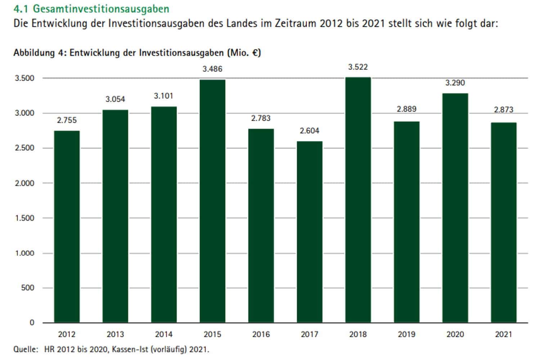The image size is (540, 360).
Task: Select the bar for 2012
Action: pos(67,227)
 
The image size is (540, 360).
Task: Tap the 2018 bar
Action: pos(358,200)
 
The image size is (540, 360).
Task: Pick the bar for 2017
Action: pos(310,232)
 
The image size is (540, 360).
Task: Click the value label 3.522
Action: pos(358,67)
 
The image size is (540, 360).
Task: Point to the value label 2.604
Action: pos(310,131)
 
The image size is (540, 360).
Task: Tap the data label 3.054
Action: pos(115,99)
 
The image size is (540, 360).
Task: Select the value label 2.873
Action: pos(503,109)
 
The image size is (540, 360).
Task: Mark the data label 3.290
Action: pos(455,83)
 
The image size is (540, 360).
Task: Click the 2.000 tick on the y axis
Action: pos(24,183)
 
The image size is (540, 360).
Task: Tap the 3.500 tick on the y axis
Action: pos(24,78)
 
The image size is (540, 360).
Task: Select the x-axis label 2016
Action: pos(261,334)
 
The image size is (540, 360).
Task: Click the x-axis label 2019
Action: pos(406,334)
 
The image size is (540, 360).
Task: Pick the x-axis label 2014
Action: pos(164,334)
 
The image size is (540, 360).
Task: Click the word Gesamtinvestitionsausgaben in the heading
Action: pos(101,8)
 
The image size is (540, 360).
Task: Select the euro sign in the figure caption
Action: pos(255,53)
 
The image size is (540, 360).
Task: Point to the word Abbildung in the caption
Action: pos(34,53)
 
